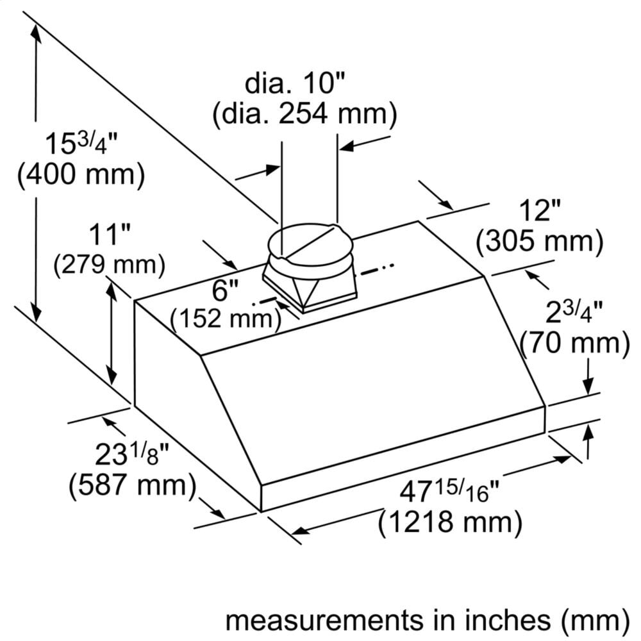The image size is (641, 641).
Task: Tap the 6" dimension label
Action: [222, 291]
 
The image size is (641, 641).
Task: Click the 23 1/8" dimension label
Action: [131, 455]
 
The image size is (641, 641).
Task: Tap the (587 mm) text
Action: [132, 485]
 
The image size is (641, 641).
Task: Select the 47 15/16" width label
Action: [449, 493]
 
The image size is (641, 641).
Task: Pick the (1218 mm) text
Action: [449, 523]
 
